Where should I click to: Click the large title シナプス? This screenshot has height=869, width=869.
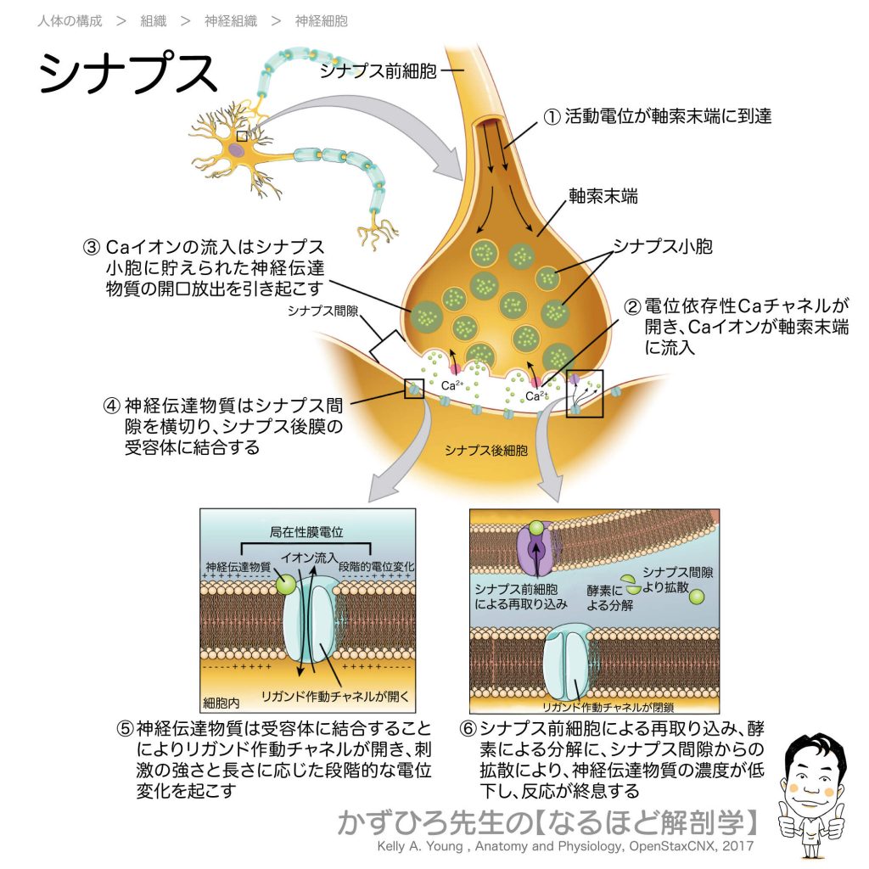[x=127, y=73]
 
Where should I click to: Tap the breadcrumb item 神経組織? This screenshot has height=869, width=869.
[x=231, y=21]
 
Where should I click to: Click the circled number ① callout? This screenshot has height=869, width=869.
[x=552, y=117]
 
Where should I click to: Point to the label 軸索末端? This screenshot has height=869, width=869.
[x=603, y=196]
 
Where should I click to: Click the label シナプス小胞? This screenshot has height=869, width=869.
[x=662, y=246]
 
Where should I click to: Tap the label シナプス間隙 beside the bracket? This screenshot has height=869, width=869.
[x=322, y=311]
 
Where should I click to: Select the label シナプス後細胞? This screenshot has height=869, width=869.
[x=485, y=451]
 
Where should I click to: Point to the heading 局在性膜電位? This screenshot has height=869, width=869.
[x=306, y=532]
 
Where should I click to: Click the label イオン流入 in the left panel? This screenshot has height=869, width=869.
[x=309, y=558]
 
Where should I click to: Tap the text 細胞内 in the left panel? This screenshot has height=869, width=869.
[x=221, y=704]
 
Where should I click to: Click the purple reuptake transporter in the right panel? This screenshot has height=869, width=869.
[x=535, y=547]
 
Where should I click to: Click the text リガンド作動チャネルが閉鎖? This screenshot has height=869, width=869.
[x=608, y=707]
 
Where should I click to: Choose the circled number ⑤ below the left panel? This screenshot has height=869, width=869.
[x=126, y=728]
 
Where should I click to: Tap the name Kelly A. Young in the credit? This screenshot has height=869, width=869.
[x=419, y=846]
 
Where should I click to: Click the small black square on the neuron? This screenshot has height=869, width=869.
[x=242, y=136]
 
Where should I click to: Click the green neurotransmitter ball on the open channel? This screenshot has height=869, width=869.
[x=286, y=585]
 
